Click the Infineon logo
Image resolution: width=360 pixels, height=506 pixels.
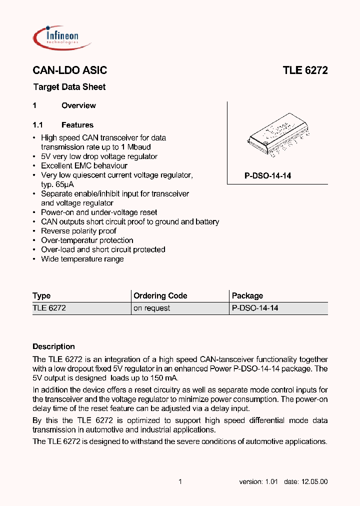61,37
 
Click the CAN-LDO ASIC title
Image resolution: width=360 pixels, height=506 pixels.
69,70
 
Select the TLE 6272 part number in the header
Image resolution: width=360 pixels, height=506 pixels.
305,70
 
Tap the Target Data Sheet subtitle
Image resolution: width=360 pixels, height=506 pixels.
69,87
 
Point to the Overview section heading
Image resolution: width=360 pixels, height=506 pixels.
78,105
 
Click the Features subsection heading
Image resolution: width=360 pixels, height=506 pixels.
77,125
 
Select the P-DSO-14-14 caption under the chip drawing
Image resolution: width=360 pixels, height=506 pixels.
267,176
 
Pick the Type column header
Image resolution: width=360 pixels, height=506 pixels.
41,295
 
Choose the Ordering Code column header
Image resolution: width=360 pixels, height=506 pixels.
160,295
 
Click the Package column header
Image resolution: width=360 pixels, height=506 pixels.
247,295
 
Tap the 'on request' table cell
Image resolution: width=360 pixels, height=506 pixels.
151,308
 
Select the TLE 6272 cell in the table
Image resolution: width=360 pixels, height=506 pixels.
49,308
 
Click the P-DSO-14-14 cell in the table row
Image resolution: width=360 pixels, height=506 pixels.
255,308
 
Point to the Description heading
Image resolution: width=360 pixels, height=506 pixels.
53,346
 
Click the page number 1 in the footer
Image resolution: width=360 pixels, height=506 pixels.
180,481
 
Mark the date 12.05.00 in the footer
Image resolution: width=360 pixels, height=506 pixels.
313,481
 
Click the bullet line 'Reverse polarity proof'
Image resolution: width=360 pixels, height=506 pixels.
78,231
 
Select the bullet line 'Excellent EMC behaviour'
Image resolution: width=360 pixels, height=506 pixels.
84,165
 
